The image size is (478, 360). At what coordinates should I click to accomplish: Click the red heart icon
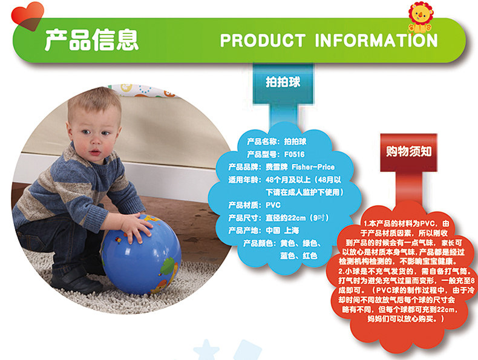coord(27,16)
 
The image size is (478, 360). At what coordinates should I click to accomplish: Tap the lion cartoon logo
coord(420,18)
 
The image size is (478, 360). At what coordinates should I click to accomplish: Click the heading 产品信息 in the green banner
coord(92,39)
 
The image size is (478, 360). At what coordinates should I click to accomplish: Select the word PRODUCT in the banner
coord(263,41)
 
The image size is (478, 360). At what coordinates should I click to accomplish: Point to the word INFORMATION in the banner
coord(376,41)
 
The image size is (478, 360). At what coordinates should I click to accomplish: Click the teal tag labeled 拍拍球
coord(283,82)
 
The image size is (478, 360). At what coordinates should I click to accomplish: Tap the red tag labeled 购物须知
coord(408,151)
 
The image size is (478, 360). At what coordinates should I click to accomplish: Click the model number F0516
coord(294,154)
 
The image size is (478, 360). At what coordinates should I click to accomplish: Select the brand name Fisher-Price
coord(313,167)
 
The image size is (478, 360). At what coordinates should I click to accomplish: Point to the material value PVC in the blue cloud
coord(273,205)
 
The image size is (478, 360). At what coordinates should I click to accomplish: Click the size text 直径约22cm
coord(286,218)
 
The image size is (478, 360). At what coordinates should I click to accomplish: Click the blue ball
coord(142,255)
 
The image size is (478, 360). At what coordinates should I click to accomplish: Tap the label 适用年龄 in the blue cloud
coord(244,180)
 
